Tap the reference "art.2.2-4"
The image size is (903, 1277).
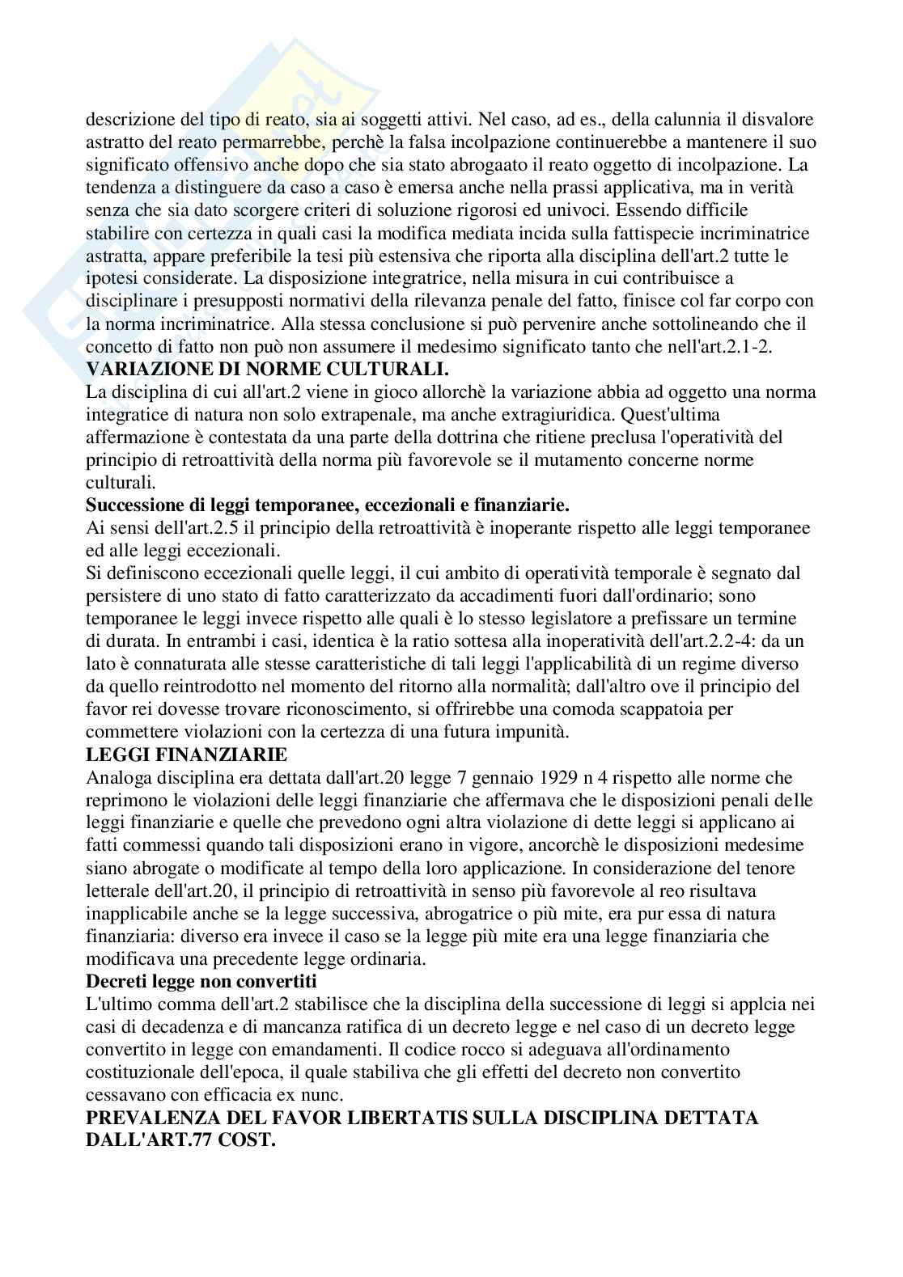(689, 641)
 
